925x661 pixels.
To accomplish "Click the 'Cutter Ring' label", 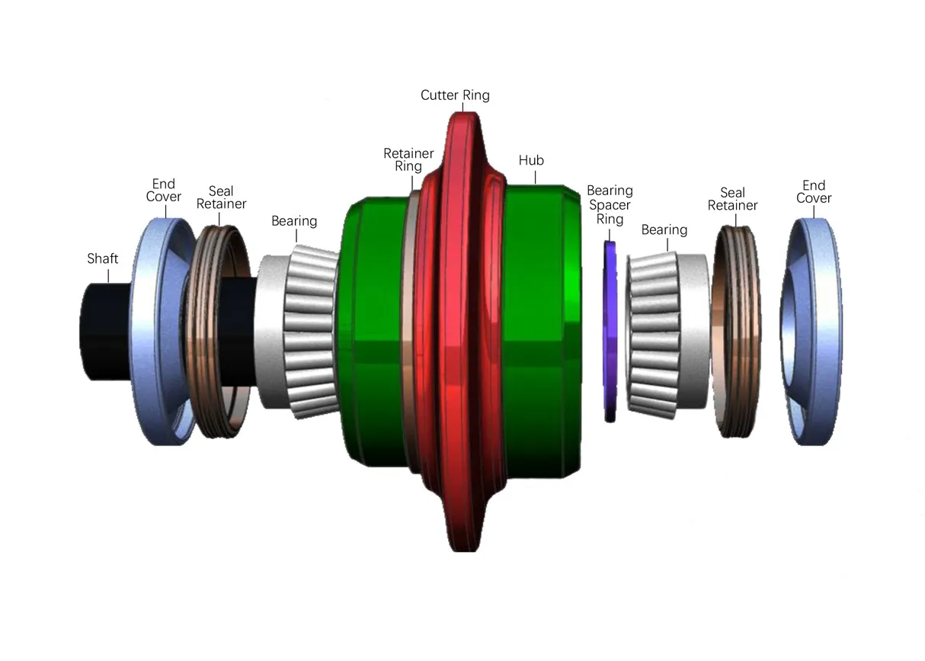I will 455,95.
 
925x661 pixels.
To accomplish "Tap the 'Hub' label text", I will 531,161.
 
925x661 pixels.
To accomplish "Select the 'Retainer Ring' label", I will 408,160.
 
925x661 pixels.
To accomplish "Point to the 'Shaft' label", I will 102,259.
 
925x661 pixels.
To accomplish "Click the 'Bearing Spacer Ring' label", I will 610,205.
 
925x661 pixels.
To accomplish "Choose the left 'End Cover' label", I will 164,191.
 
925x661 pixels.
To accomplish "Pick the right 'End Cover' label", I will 814,192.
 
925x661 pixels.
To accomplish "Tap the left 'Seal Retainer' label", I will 221,198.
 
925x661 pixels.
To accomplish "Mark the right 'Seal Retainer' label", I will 732,200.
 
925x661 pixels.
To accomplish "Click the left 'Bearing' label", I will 294,221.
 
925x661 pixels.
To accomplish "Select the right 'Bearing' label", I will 664,229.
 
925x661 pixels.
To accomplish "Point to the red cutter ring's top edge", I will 463,117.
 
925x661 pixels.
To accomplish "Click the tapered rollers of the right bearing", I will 652,332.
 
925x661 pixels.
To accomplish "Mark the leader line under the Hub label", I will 536,178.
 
